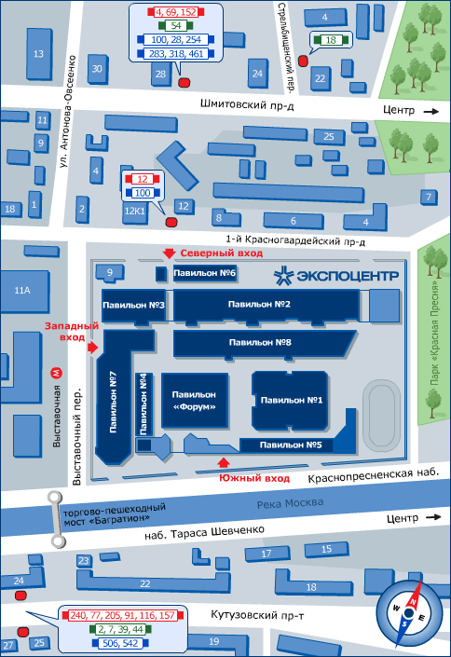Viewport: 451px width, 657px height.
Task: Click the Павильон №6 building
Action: (205, 273)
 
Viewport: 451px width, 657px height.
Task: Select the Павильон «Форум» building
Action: (195, 401)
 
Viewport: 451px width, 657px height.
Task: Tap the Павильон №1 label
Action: (292, 400)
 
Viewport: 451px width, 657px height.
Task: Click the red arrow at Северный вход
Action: (169, 253)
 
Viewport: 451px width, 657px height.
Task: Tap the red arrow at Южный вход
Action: (224, 462)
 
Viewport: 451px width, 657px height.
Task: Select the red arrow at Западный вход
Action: (93, 347)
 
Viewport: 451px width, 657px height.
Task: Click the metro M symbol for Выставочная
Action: (56, 373)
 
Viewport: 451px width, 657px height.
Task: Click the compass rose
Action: (409, 612)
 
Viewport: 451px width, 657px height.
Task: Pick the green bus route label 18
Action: (331, 40)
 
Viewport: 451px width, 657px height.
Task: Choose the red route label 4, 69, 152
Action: (176, 12)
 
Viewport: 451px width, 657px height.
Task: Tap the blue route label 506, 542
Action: (120, 643)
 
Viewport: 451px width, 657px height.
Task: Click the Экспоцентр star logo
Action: (283, 276)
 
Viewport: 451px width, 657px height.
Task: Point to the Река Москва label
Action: (290, 503)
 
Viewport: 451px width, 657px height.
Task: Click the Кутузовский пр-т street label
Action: (257, 615)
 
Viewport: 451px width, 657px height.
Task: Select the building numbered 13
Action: (39, 54)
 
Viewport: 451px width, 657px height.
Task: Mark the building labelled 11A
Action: (24, 291)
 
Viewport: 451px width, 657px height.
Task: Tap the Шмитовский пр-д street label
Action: (247, 104)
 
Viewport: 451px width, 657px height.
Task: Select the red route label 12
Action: (143, 179)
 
